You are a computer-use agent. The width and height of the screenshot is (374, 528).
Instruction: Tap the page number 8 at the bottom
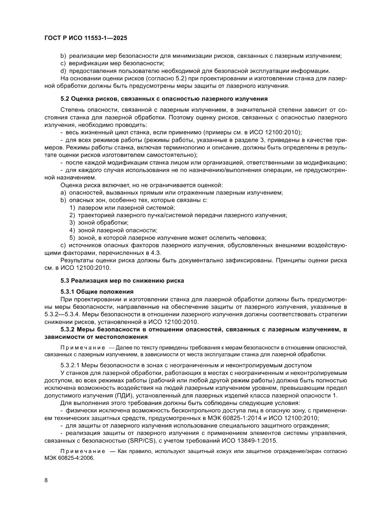point(46,480)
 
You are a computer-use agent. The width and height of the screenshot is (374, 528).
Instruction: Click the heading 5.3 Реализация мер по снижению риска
point(122,280)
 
